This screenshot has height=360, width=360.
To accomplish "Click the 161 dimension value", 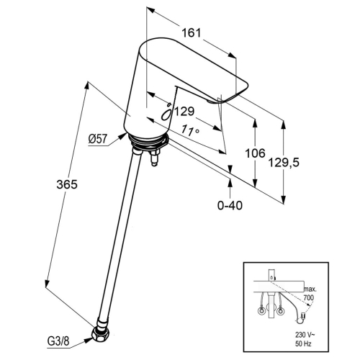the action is [x=191, y=33].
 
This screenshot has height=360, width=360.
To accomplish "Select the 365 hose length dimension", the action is [x=67, y=184].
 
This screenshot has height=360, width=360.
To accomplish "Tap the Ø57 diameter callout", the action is [x=97, y=139].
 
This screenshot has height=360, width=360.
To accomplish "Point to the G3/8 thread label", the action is [x=58, y=341].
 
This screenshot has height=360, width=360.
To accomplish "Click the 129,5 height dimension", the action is [x=284, y=163].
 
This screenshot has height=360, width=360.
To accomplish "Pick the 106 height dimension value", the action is [x=255, y=153].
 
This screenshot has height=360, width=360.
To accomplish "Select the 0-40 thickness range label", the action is [x=230, y=205].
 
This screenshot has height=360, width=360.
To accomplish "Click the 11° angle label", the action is [x=190, y=130].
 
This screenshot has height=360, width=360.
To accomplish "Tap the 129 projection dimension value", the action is [x=184, y=112].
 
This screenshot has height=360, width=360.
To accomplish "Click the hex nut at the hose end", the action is [x=101, y=333].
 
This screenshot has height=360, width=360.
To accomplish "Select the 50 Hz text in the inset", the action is [x=303, y=343].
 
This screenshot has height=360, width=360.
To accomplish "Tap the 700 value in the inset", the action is [x=309, y=297].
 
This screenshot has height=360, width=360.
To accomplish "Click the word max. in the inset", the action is [x=310, y=289].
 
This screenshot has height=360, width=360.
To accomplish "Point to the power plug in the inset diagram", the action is [x=301, y=318].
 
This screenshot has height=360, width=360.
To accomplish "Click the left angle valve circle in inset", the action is [x=261, y=311].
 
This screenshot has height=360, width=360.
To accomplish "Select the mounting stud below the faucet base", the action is [x=154, y=158].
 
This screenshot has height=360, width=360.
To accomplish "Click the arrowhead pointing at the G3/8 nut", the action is [x=89, y=340].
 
